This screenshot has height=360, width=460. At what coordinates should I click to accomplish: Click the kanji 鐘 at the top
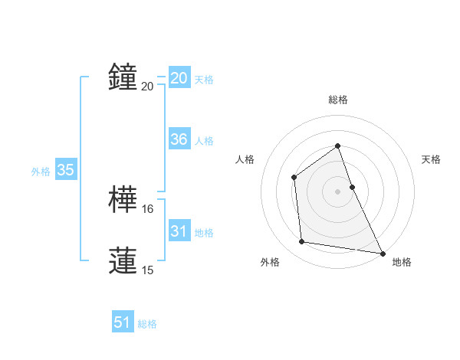coord(123,77)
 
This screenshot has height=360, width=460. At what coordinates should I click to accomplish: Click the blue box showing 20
coord(179,78)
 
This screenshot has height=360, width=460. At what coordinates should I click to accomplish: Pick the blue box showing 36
coord(179,139)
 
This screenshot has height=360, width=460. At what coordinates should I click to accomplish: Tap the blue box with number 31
coord(179,231)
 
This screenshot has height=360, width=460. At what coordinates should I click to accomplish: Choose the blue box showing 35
coord(66,171)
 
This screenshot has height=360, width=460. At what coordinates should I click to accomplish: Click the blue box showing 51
coord(123,323)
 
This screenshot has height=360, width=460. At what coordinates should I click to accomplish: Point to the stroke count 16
coord(148,209)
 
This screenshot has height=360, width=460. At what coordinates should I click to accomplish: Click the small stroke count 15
coord(148,270)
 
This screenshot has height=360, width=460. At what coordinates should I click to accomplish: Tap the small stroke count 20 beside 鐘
coord(148,86)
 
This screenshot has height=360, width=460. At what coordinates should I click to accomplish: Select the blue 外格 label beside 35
coord(41,172)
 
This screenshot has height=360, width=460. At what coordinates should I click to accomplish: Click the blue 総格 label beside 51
coord(147,324)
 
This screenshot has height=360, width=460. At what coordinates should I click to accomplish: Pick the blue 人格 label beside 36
coord(204,141)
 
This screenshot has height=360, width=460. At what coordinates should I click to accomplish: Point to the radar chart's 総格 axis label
coord(337,100)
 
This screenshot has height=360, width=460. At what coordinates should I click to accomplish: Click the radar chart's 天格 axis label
coord(431,159)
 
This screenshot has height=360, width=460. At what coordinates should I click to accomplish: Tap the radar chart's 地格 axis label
coord(402,263)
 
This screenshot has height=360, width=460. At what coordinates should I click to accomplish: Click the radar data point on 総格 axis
coord(337,146)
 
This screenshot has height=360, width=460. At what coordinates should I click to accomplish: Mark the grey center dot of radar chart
coord(337,191)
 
